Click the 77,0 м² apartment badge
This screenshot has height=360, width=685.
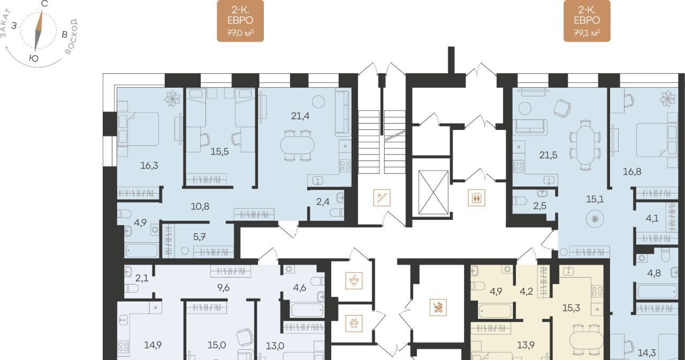[240, 21]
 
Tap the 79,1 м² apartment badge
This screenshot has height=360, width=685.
[587, 21]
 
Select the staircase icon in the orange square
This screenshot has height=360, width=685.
[382, 198]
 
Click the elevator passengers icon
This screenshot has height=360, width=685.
[476, 198]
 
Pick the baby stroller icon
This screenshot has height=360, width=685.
[438, 308]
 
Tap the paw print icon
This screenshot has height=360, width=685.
[354, 323]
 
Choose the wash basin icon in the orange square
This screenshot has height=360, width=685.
[354, 280]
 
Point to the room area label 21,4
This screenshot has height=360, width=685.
[300, 116]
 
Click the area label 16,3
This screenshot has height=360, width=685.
[149, 166]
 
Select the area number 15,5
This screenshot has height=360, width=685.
[219, 151]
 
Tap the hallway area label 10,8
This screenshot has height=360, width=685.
[200, 206]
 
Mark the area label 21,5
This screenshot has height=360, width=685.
[549, 155]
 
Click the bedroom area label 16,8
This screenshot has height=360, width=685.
[632, 172]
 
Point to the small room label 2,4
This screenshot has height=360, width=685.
[323, 202]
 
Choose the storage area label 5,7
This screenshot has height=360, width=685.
[200, 237]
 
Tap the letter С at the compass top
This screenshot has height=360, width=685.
[44, 4]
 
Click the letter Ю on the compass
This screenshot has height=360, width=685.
[34, 58]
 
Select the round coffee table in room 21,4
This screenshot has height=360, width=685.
[318, 102]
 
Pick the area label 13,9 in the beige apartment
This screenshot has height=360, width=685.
[526, 346]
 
